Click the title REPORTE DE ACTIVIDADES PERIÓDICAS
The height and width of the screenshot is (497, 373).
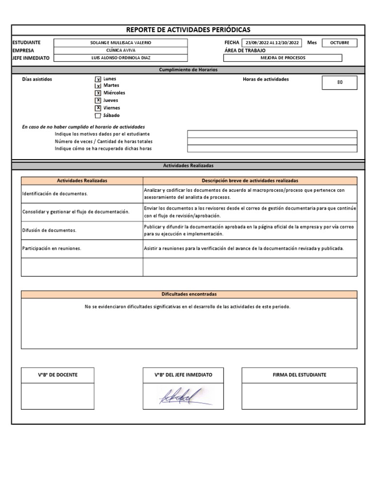tap(188, 30)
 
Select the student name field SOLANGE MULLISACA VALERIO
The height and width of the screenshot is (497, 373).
tap(120, 43)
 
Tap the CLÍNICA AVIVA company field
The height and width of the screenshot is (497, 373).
tap(120, 50)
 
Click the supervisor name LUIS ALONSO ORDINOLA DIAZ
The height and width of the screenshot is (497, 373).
tap(120, 58)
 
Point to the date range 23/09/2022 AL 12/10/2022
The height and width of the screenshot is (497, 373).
tap(272, 43)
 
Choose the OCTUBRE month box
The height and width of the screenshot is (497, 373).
tap(339, 43)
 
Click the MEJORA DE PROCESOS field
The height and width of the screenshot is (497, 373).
tap(283, 58)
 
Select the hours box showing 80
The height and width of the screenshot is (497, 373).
tap(339, 83)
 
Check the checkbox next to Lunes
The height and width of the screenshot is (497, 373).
tap(98, 79)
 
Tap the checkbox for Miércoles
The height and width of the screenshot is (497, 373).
tap(98, 93)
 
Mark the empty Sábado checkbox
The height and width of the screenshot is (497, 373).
tap(98, 116)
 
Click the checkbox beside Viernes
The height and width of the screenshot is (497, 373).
tap(98, 108)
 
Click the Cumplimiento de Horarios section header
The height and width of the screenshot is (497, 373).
tap(188, 70)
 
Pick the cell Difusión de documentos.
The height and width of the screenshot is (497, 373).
tap(82, 230)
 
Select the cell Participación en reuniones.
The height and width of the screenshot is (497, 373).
tap(82, 248)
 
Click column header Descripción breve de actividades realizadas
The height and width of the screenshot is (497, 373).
tap(250, 180)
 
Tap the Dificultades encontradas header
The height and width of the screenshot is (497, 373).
tap(189, 294)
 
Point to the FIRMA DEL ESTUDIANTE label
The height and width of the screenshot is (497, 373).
tap(299, 375)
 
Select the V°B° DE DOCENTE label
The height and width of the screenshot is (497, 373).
tap(58, 375)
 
